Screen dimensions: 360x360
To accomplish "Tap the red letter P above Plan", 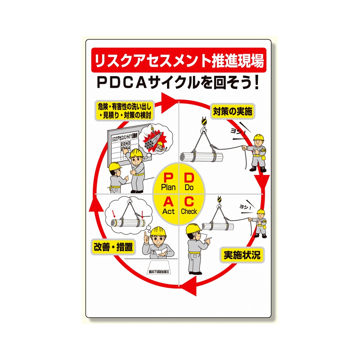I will (x=168, y=177).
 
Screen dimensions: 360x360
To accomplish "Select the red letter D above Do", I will (x=189, y=177).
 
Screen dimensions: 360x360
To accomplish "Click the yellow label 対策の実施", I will (x=232, y=111).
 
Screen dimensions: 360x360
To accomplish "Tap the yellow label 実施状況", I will (x=242, y=255).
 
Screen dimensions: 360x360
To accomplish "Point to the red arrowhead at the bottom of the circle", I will (x=190, y=288).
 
